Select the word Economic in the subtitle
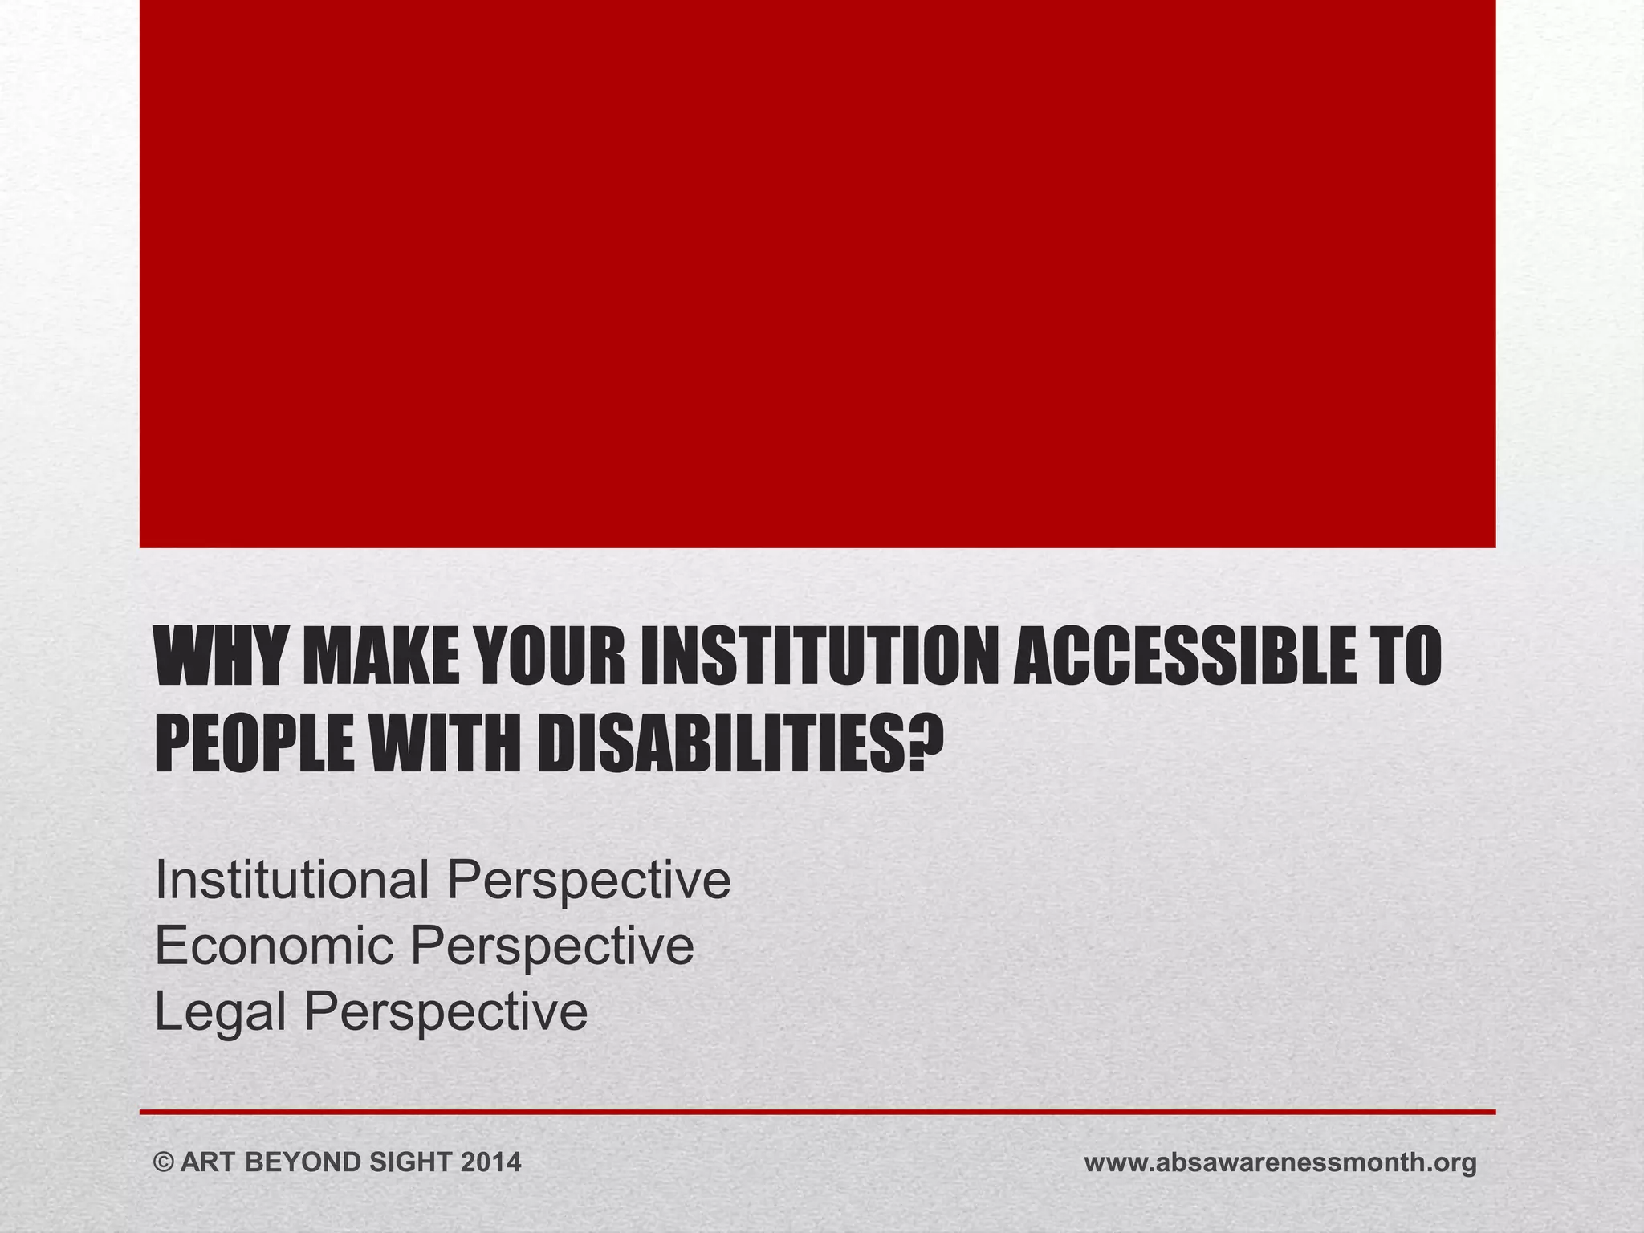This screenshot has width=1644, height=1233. tap(274, 945)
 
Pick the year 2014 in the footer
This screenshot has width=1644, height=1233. tap(490, 1162)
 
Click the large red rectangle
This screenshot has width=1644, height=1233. tap(817, 273)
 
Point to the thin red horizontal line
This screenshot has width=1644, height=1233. tap(817, 1112)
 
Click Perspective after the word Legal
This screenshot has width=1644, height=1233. tap(445, 1011)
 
